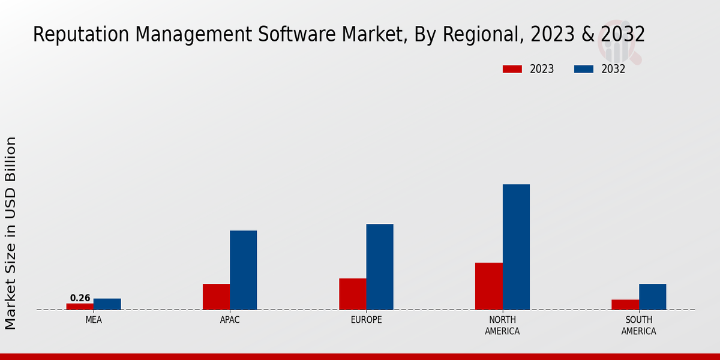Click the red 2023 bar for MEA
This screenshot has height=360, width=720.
(80, 307)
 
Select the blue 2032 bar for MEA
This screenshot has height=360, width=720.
(107, 304)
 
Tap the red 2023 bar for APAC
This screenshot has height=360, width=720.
(216, 296)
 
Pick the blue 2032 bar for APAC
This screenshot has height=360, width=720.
(243, 270)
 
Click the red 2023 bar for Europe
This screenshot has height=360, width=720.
(352, 294)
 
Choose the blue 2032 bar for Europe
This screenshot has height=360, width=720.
(380, 267)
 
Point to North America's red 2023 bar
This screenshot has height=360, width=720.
(488, 286)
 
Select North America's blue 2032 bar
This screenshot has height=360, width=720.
(516, 247)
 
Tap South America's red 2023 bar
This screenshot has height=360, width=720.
(625, 305)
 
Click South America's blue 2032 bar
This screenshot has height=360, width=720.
(652, 296)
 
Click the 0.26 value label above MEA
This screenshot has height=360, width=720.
(80, 298)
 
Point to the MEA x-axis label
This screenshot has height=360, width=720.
(94, 320)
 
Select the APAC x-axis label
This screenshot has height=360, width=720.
(230, 320)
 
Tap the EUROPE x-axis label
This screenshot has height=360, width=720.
(366, 320)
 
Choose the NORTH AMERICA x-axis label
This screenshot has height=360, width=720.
(502, 325)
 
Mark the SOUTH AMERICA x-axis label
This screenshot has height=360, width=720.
(638, 325)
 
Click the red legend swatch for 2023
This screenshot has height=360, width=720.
(512, 69)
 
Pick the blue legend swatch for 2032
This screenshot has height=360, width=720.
(583, 69)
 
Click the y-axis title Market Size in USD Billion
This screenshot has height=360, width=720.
(11, 233)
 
